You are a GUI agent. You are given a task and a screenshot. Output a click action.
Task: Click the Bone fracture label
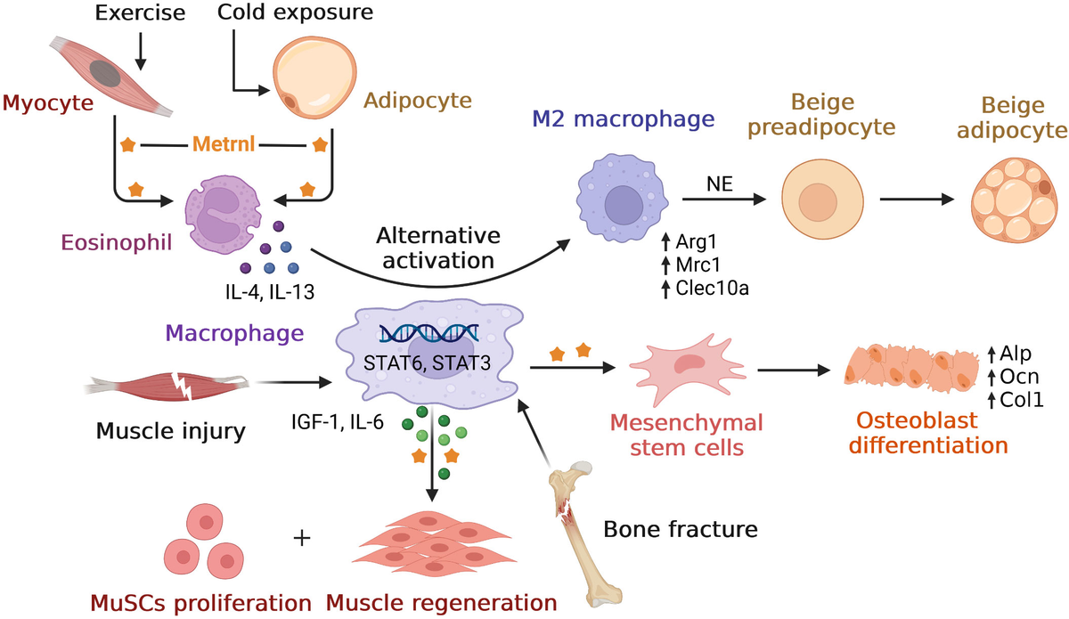click(x=681, y=530)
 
